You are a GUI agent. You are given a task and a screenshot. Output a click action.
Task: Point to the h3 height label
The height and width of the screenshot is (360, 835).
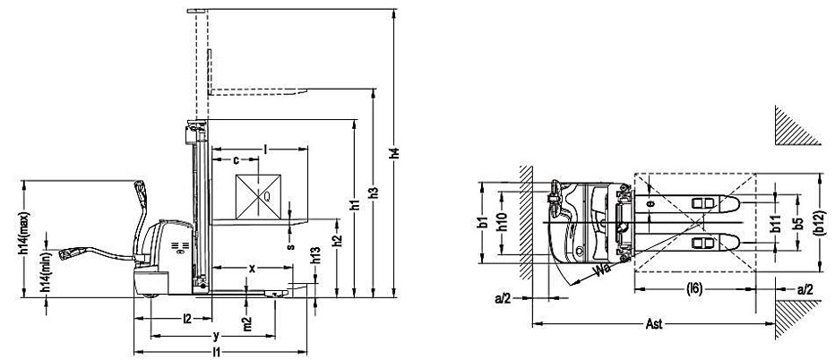tap(375, 191)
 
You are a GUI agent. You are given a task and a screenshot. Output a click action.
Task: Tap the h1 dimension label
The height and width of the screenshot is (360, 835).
tap(355, 205)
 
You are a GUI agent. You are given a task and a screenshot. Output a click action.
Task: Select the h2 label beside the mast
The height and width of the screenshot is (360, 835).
tap(337, 241)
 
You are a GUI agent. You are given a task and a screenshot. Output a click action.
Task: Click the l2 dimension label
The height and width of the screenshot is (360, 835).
tap(186, 318)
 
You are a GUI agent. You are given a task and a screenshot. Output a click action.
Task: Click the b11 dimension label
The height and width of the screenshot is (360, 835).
tap(775, 224)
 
